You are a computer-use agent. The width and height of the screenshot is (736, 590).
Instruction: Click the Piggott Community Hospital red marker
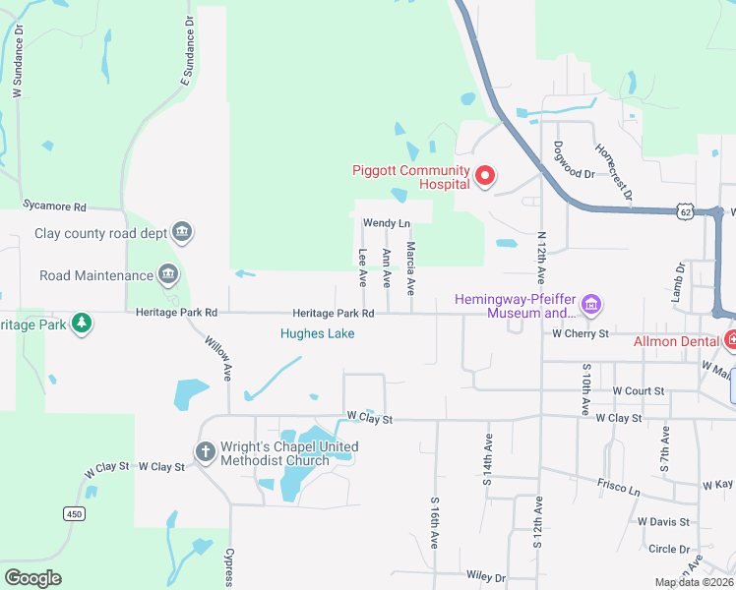pyautogui.click(x=484, y=177)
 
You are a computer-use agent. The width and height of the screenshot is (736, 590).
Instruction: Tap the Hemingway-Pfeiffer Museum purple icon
pyautogui.click(x=591, y=305)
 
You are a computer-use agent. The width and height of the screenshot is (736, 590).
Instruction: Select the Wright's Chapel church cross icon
pyautogui.click(x=205, y=452)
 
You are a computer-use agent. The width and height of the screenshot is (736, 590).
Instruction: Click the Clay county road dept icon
pyautogui.click(x=181, y=233)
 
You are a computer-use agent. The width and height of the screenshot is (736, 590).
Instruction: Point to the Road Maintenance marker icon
pyautogui.click(x=167, y=274)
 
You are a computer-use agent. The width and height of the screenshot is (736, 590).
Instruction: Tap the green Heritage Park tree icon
pyautogui.click(x=83, y=324)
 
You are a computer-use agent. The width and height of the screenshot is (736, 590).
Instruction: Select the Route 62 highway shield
pyautogui.click(x=686, y=211)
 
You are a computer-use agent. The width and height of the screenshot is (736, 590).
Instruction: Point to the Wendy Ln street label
pyautogui.click(x=386, y=224)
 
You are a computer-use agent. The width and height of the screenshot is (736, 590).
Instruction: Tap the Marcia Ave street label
pyautogui.click(x=411, y=269)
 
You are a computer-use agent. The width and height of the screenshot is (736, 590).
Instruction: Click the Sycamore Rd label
pyautogui.click(x=55, y=207)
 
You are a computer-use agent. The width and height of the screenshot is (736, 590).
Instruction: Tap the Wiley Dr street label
pyautogui.click(x=486, y=577)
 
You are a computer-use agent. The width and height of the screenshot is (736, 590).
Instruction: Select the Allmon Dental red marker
pyautogui.click(x=731, y=340)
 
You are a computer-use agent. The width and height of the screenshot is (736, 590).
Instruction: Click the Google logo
pyautogui.click(x=32, y=578)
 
